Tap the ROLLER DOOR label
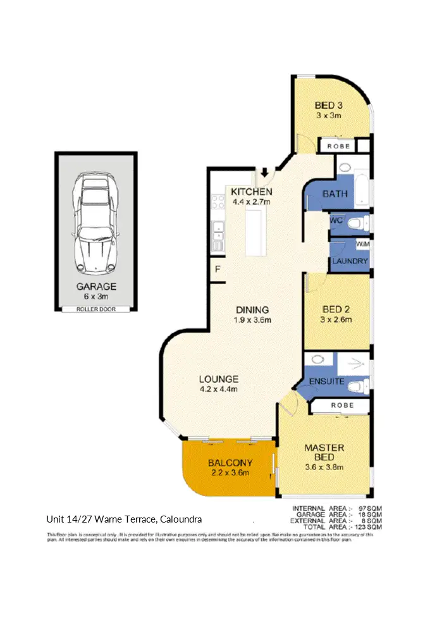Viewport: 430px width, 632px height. pyautogui.click(x=96, y=309)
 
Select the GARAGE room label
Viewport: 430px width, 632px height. pyautogui.click(x=96, y=286)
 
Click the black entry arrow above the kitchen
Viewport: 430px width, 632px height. pyautogui.click(x=264, y=172)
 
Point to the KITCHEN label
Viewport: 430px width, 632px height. pyautogui.click(x=252, y=192)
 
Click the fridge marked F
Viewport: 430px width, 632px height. pyautogui.click(x=216, y=268)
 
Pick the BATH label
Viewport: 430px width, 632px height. pyautogui.click(x=335, y=194)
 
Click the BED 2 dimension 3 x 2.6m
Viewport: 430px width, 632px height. pyautogui.click(x=336, y=319)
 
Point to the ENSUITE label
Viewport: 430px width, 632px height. pyautogui.click(x=327, y=381)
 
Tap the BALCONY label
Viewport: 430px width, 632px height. pyautogui.click(x=230, y=462)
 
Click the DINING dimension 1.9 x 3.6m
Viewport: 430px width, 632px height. pyautogui.click(x=253, y=320)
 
